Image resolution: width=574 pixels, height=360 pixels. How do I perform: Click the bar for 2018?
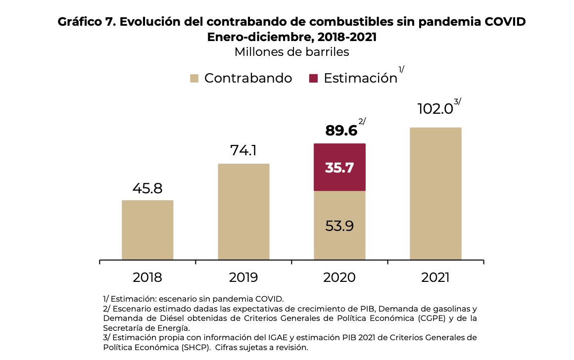tap(147, 230)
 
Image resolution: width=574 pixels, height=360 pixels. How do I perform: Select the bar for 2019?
tap(243, 212)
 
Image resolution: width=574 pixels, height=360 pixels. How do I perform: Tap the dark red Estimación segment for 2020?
tap(339, 167)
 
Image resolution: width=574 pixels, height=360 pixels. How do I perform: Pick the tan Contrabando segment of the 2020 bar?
tap(339, 225)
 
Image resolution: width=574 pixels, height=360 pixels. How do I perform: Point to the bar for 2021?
tap(435, 194)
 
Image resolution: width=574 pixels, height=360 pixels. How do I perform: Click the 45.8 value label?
tap(147, 188)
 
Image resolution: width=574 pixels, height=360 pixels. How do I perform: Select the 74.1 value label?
tap(243, 150)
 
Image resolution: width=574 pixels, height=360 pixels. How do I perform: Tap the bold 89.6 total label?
tap(341, 131)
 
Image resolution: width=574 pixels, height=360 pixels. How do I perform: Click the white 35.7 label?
tap(339, 168)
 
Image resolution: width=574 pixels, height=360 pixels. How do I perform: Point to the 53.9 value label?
tap(339, 225)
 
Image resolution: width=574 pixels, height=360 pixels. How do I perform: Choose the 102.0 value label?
tap(435, 109)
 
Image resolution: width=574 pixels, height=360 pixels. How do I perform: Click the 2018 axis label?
tap(147, 277)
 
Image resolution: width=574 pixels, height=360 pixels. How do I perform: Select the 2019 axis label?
tap(243, 277)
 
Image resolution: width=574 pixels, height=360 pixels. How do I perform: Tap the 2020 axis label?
tap(339, 277)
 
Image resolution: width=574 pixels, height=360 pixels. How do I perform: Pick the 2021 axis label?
tap(435, 277)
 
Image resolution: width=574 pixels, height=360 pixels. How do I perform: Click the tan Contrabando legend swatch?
tap(194, 78)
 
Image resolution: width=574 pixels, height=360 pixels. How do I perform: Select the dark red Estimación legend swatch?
tap(313, 78)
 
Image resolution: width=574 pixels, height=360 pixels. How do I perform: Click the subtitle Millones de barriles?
tap(292, 52)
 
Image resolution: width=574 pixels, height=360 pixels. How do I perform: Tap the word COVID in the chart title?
tap(505, 22)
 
